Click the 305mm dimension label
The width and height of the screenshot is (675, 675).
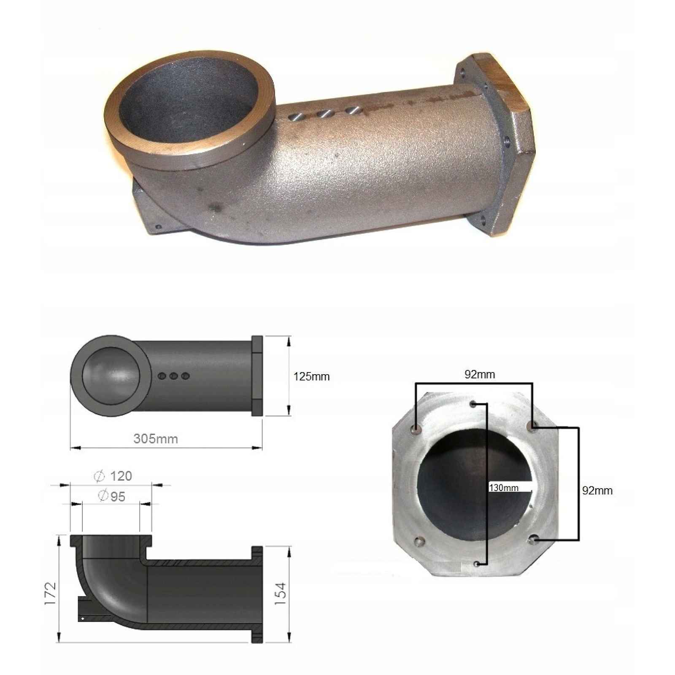[x=156, y=439]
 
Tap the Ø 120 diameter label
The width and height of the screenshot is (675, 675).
[x=113, y=476]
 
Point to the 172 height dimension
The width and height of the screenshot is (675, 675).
[x=50, y=594]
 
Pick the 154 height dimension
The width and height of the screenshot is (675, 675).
[x=281, y=594]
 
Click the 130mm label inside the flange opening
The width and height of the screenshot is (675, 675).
[x=503, y=488]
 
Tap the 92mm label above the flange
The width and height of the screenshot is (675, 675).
[x=480, y=375]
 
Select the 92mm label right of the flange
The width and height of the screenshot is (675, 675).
[x=597, y=491]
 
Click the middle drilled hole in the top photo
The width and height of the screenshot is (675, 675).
[x=324, y=114]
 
